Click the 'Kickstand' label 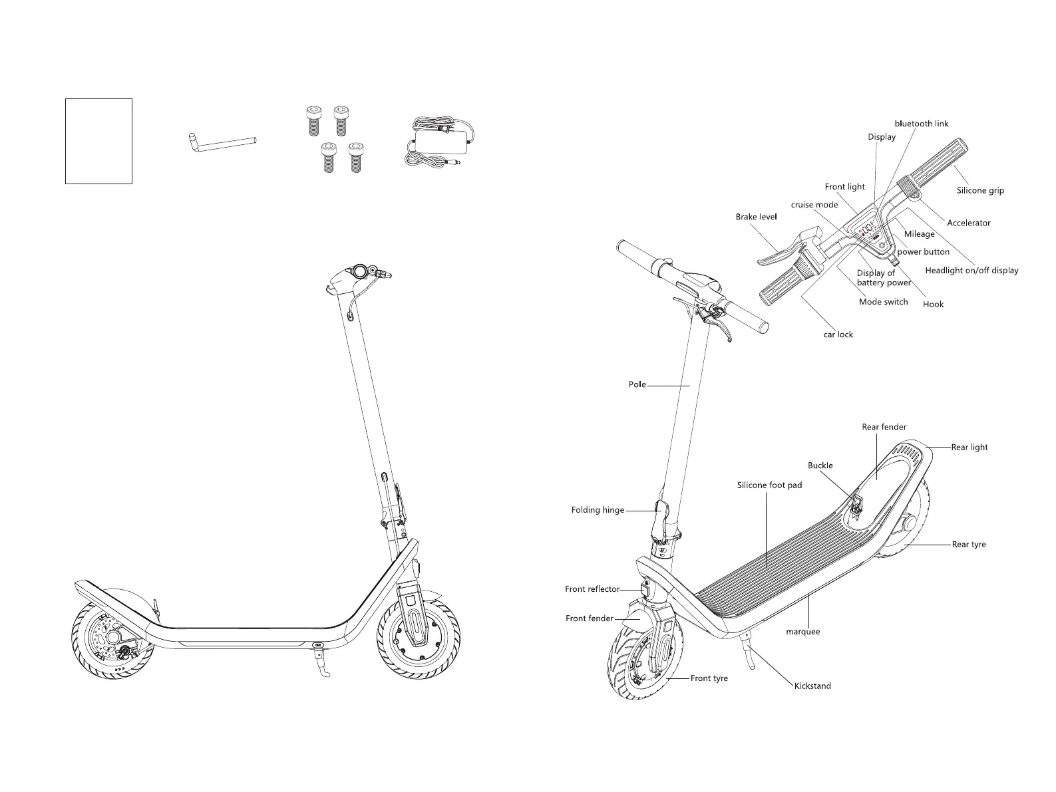click(812, 686)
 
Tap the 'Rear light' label click(969, 448)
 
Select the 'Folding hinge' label click(598, 510)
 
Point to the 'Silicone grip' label click(980, 191)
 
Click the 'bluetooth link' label click(921, 124)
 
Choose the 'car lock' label click(838, 334)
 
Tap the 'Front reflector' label click(592, 589)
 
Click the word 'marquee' click(802, 632)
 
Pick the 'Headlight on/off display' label click(971, 271)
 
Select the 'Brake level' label click(756, 217)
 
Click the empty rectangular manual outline click(98, 141)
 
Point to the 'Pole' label click(637, 384)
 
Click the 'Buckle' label click(820, 465)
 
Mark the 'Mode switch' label click(883, 302)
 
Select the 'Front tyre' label click(709, 678)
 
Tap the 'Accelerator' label click(968, 223)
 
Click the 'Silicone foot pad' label click(769, 485)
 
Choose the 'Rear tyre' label click(968, 545)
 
